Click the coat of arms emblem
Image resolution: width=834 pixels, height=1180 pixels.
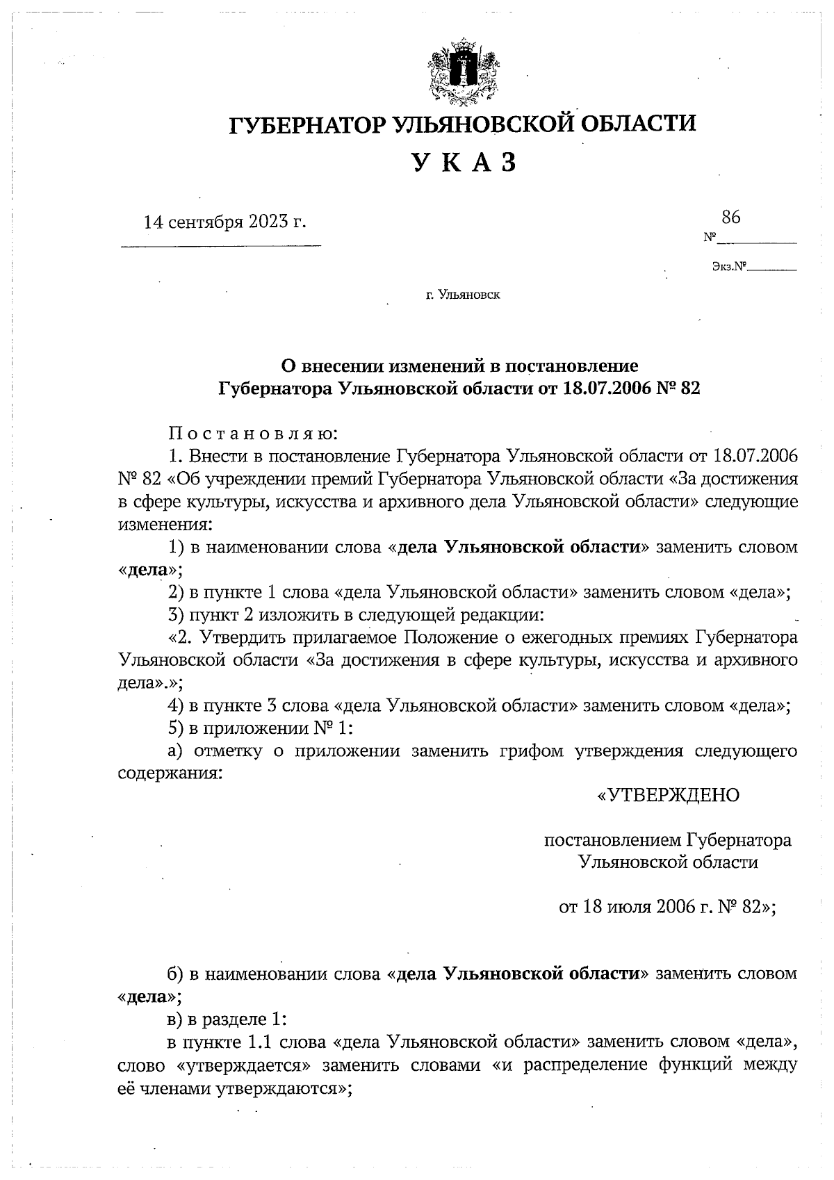point(463,74)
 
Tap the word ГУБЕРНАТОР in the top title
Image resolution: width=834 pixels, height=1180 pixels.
point(308,124)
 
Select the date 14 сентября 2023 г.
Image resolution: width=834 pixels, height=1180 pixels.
point(224,222)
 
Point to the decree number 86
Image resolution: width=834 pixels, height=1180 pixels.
point(730,217)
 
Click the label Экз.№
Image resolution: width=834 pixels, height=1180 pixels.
point(728,266)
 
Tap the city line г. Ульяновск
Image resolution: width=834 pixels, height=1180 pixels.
point(463,295)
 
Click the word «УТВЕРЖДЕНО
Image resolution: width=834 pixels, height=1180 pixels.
point(668,795)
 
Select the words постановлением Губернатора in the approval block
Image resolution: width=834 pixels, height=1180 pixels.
point(667,840)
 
